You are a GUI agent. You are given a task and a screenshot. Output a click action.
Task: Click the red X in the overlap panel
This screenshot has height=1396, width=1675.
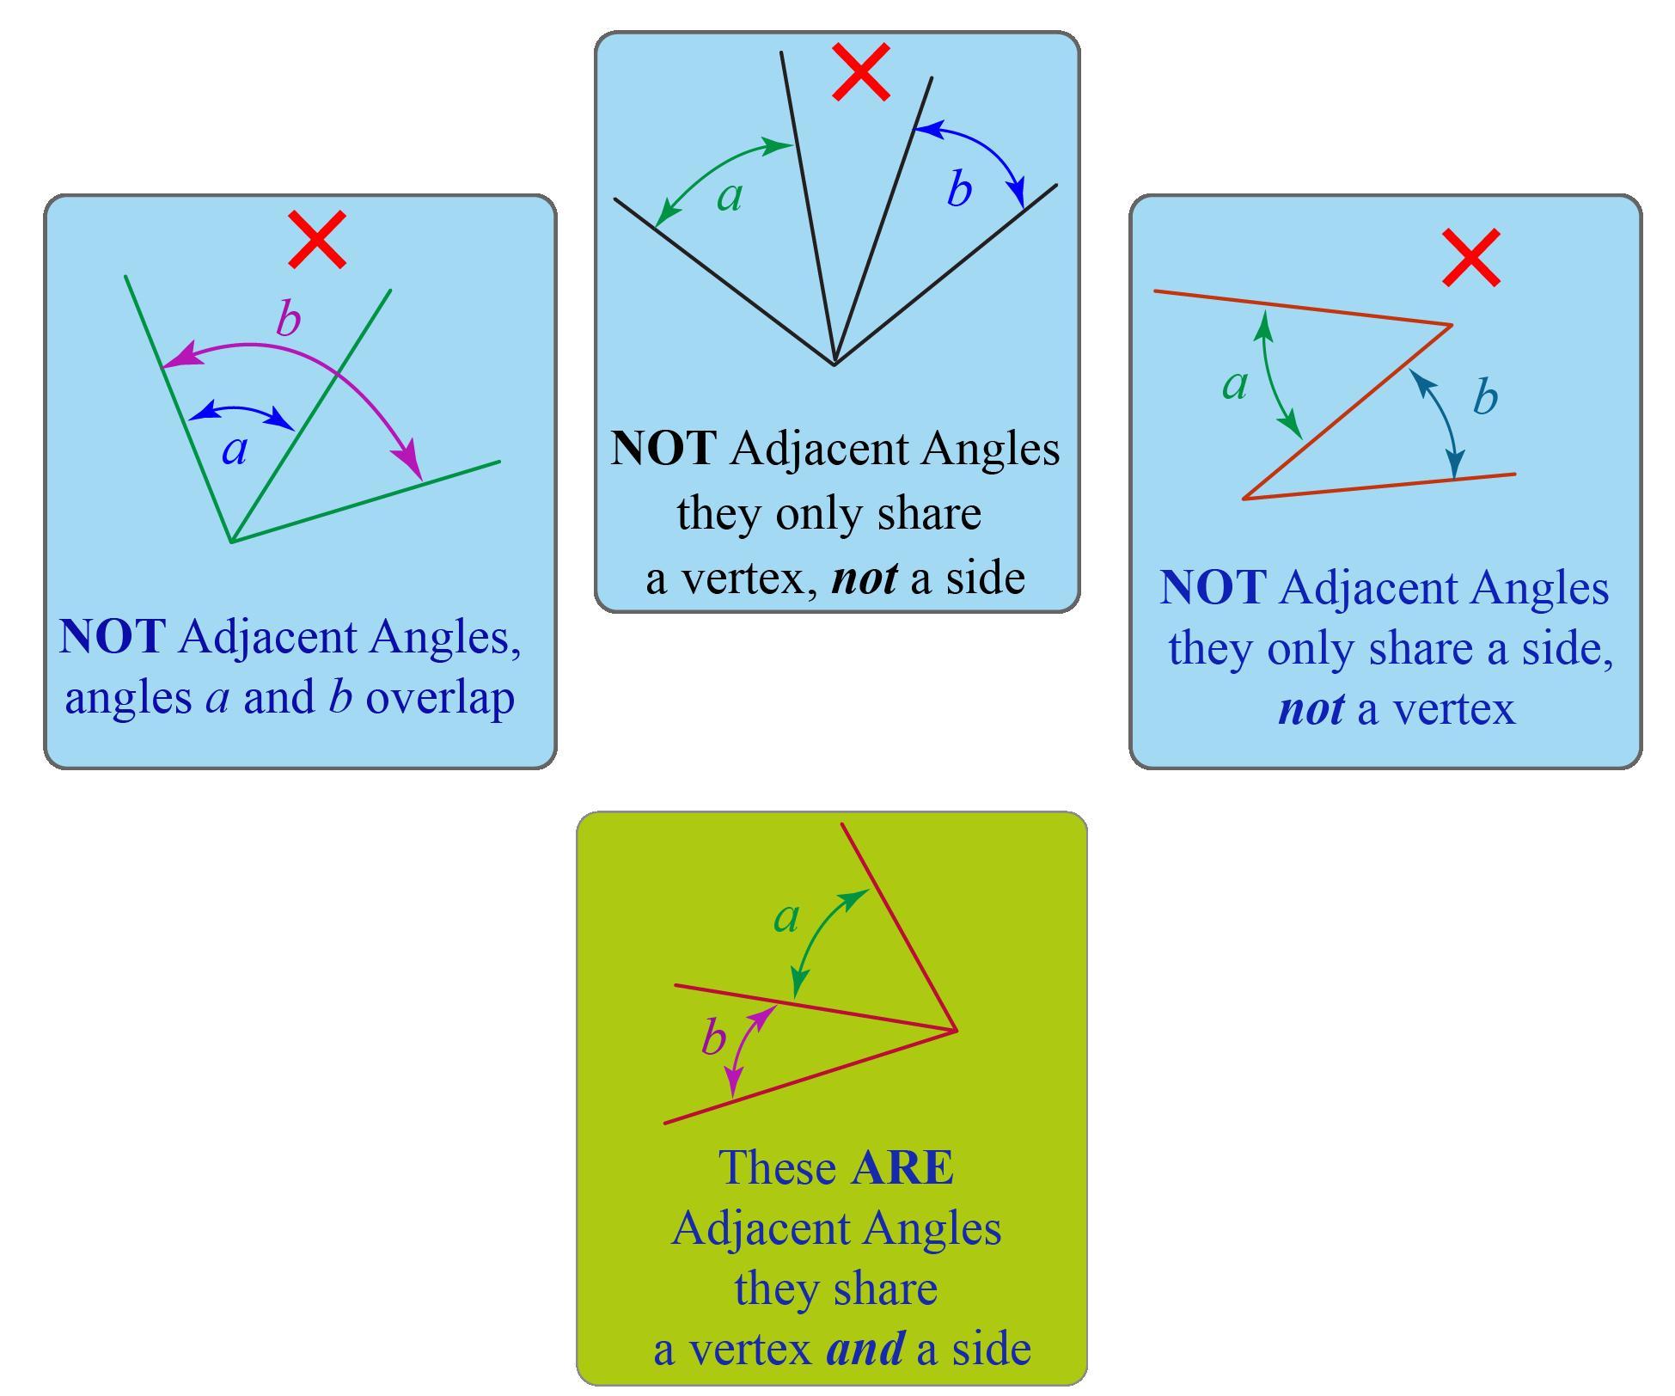pyautogui.click(x=317, y=239)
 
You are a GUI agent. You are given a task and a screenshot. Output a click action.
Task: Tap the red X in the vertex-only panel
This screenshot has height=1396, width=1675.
pyautogui.click(x=860, y=73)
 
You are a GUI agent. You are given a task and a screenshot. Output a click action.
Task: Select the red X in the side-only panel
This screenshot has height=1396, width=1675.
pyautogui.click(x=1471, y=257)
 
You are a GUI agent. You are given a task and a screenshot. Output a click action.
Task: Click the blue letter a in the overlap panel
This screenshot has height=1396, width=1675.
pyautogui.click(x=235, y=450)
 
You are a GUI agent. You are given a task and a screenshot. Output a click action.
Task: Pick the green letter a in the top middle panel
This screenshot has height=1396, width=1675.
pyautogui.click(x=730, y=197)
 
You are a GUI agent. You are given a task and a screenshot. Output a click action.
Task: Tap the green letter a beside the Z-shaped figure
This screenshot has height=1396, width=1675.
pyautogui.click(x=1235, y=384)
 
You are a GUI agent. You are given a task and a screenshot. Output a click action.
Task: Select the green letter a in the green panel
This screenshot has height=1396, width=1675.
pyautogui.click(x=786, y=917)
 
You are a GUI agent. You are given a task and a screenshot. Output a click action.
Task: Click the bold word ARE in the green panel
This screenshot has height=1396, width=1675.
pyautogui.click(x=902, y=1167)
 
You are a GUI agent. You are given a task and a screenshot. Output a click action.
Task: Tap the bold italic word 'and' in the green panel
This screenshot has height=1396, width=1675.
pyautogui.click(x=865, y=1348)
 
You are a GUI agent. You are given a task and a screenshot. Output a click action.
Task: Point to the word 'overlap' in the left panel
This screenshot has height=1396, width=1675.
pyautogui.click(x=440, y=696)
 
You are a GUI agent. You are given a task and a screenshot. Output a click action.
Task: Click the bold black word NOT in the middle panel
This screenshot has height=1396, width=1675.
pyautogui.click(x=662, y=449)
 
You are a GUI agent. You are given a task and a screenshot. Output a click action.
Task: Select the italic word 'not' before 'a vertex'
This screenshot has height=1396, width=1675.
pyautogui.click(x=1311, y=709)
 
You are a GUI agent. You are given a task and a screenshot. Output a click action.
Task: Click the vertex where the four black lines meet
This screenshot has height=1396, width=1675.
pyautogui.click(x=834, y=364)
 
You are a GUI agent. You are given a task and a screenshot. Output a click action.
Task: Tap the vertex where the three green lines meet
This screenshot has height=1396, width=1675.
pyautogui.click(x=231, y=542)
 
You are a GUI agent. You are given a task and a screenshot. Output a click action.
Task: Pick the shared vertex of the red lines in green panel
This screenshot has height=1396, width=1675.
pyautogui.click(x=956, y=1029)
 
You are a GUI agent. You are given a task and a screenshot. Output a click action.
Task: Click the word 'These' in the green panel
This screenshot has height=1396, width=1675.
pyautogui.click(x=778, y=1167)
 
